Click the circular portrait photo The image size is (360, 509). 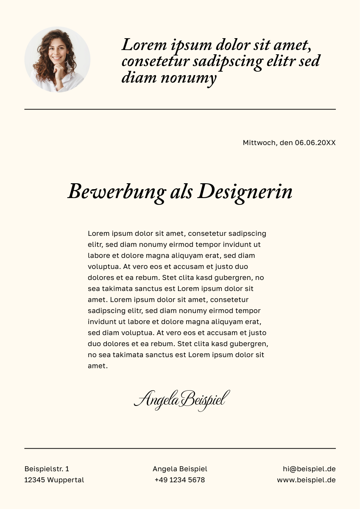(x=57, y=59)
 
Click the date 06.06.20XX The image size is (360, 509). (x=315, y=143)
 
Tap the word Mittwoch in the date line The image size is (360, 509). (x=259, y=143)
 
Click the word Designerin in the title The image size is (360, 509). (x=245, y=192)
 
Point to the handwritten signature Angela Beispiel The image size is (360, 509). (x=181, y=400)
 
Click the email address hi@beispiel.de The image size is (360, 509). (x=309, y=469)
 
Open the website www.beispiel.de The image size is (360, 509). (x=306, y=480)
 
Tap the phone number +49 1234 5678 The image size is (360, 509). (x=180, y=480)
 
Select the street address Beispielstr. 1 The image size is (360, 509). (x=47, y=469)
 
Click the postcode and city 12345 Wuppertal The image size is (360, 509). (x=54, y=480)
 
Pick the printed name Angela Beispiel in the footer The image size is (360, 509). (x=180, y=469)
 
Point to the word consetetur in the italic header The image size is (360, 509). (x=155, y=62)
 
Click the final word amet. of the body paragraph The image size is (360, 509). (x=98, y=366)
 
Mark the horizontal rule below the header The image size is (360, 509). (x=180, y=109)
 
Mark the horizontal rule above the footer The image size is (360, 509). (x=180, y=448)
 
